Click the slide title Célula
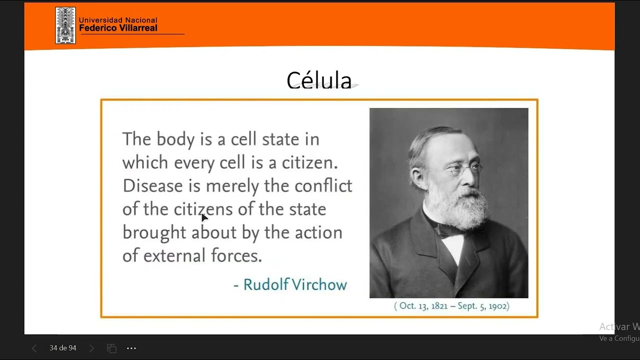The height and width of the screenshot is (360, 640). click(319, 80)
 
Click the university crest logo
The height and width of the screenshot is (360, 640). click(65, 25)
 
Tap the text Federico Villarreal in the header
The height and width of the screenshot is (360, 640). click(118, 28)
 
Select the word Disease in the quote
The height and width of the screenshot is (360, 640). click(152, 185)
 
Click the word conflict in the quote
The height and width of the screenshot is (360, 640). click(323, 185)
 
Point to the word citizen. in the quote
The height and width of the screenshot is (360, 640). click(310, 162)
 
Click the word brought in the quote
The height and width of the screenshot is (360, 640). click(154, 232)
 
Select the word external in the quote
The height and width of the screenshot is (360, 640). click(174, 255)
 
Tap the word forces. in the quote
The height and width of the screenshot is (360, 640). click(236, 255)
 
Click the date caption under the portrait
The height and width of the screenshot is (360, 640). click(451, 306)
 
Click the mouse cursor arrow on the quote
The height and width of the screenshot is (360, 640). click(204, 217)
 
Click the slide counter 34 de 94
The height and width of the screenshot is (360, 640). click(63, 348)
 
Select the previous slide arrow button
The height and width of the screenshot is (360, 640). click(34, 348)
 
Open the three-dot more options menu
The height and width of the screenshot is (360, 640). click(131, 348)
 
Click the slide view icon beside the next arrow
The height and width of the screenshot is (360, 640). click(111, 348)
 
